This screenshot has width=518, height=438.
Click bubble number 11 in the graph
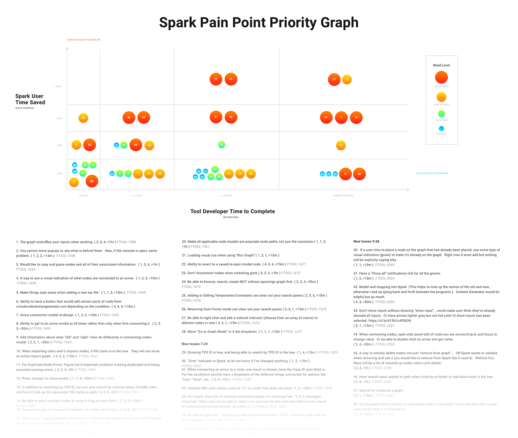pos(216,79)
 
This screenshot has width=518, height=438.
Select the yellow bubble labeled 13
pos(347,79)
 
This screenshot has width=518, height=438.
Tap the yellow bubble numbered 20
pos(83,118)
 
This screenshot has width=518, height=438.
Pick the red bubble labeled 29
pos(92,181)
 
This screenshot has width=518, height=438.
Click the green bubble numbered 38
pos(222,145)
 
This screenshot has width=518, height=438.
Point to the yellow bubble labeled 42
pos(341,145)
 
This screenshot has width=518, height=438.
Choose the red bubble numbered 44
pos(136,145)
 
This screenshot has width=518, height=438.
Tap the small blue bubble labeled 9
pos(116,145)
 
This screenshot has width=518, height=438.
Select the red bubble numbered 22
pos(359,174)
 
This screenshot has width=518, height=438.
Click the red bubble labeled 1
pos(341,117)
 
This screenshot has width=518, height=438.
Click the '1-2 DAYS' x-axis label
pos(83,196)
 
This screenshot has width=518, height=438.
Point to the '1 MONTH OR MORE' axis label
pos(343,196)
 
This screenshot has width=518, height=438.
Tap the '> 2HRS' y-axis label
pos(58,87)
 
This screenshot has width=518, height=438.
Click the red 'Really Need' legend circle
pos(441,77)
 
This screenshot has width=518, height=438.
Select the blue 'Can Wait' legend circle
pos(441,129)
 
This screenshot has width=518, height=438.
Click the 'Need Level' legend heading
pos(441,65)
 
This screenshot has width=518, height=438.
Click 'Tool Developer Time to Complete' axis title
pos(232,212)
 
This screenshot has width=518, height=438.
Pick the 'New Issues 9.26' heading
pos(366,242)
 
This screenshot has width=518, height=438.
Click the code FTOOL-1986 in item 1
pos(126,242)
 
